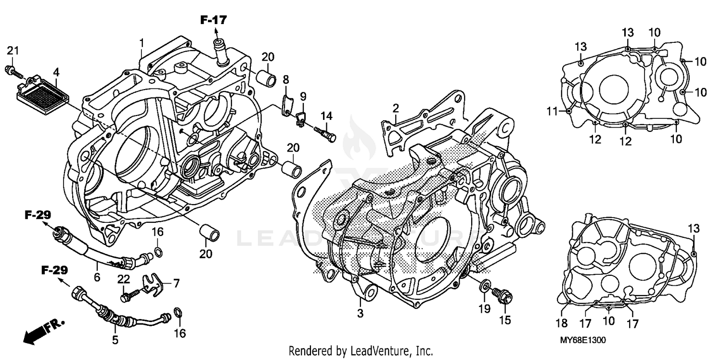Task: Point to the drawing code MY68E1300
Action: tap(582, 340)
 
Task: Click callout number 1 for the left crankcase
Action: tap(142, 43)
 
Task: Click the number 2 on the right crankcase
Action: tap(395, 107)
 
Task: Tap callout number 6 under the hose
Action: tap(97, 277)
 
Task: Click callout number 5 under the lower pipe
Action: tap(115, 340)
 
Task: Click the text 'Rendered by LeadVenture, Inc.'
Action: tap(361, 351)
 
